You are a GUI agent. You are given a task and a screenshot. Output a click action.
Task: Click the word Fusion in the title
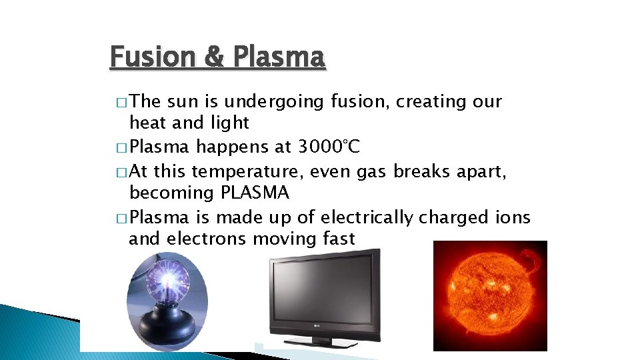[x=150, y=57]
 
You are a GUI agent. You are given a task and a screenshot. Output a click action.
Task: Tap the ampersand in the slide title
[x=215, y=57]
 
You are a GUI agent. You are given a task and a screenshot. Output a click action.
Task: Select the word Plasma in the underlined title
[x=279, y=57]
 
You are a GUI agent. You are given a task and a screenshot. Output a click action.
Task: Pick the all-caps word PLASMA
[x=254, y=193]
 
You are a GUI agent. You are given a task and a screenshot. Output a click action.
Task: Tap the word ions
[x=512, y=217]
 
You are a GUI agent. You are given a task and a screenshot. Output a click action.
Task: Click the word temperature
[x=246, y=172]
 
